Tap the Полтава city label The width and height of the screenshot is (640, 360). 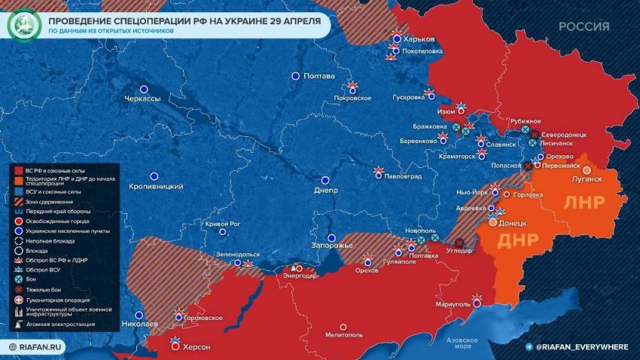318,76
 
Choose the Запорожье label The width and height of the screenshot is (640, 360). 332,246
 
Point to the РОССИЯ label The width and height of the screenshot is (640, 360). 584,26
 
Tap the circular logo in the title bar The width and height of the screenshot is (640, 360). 23,26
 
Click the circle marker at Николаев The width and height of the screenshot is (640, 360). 138,315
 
